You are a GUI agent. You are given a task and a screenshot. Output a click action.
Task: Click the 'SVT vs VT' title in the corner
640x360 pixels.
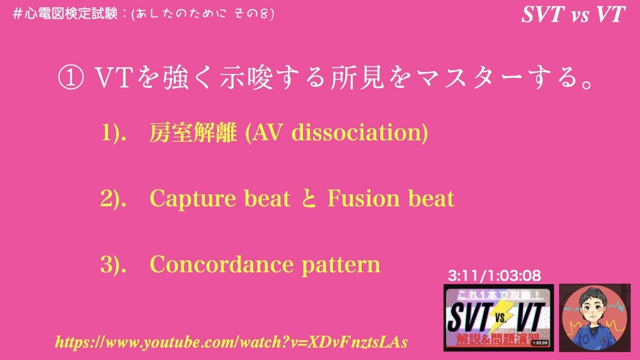[x=573, y=15]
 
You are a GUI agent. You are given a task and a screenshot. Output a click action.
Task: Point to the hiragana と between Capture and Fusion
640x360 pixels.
[x=309, y=199]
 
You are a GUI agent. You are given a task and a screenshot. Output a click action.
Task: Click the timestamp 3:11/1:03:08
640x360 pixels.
[x=495, y=276]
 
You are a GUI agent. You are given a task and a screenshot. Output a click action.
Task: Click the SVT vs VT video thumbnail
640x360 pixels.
[x=498, y=317]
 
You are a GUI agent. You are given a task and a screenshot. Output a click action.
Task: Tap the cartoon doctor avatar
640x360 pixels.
[x=597, y=317]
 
